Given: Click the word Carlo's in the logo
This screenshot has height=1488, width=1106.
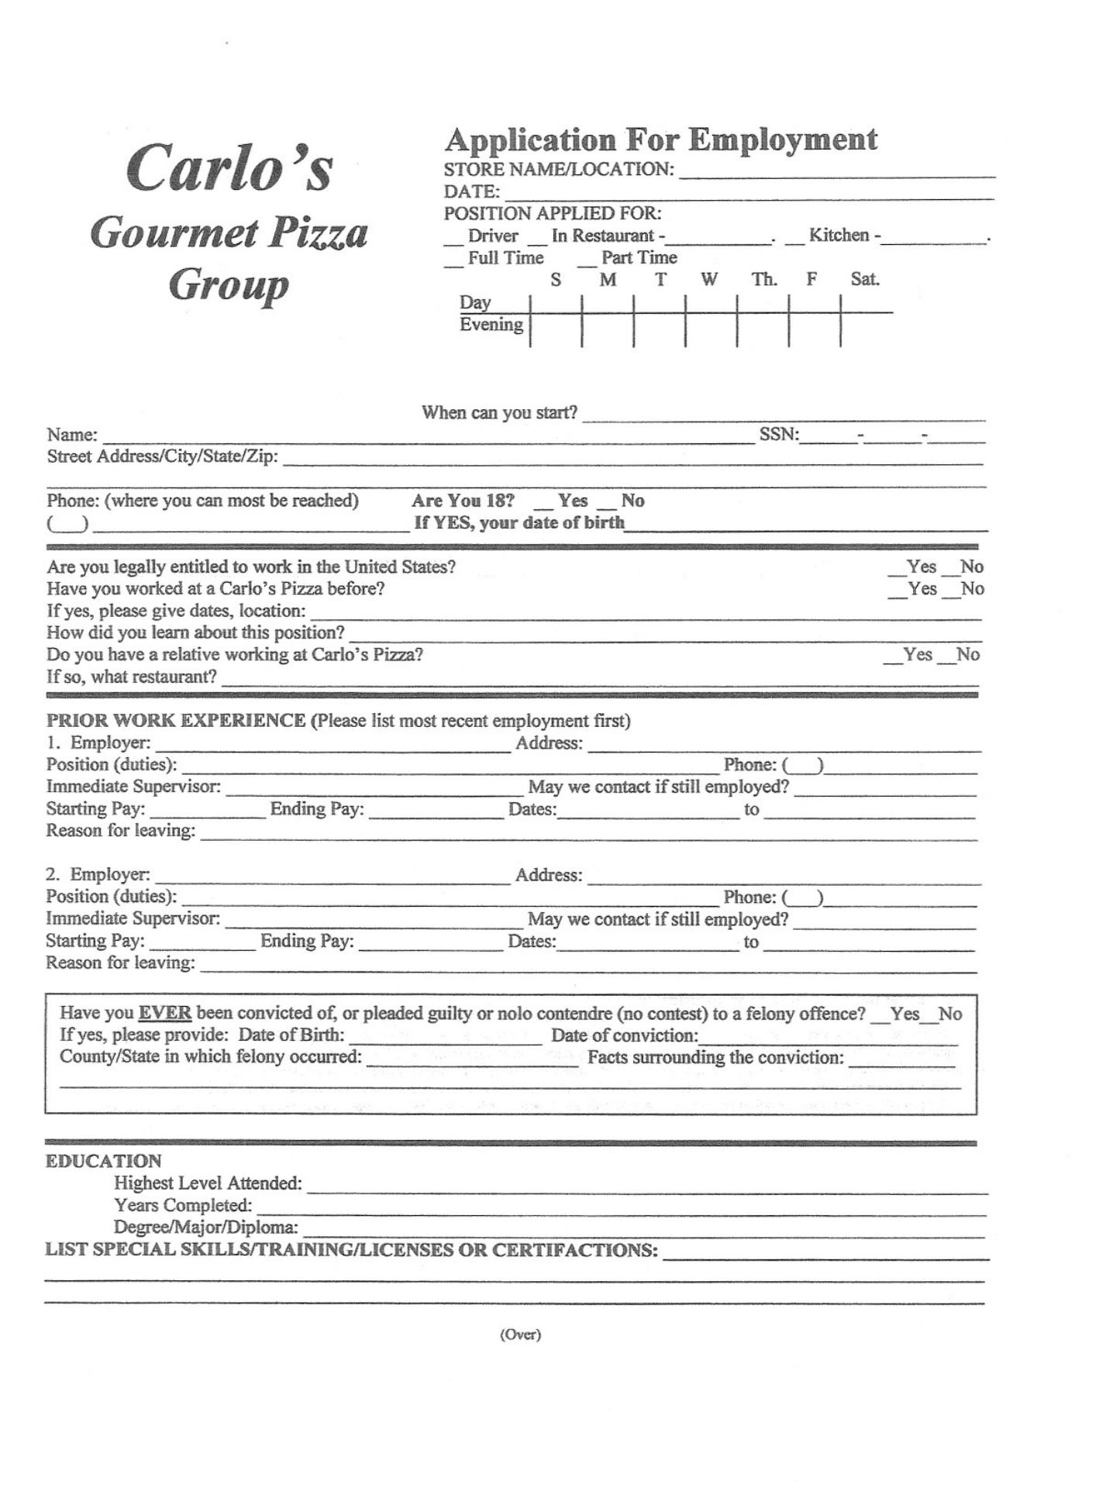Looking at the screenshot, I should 229,167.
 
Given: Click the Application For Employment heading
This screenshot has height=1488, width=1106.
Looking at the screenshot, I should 660,140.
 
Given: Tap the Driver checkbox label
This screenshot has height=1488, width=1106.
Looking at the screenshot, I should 492,236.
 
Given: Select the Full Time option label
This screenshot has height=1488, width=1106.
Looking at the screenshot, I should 505,258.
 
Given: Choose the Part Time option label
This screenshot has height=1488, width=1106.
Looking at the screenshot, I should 639,258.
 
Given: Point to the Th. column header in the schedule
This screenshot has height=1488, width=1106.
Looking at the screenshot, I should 763,280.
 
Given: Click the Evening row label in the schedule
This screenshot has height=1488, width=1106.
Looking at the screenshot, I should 491,325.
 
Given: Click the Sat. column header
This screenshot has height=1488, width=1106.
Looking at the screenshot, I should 865,280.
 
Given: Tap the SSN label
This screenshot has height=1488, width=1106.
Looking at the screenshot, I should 778,435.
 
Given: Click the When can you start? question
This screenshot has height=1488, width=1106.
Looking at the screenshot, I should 499,413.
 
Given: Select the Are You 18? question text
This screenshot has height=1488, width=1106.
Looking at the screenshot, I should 463,501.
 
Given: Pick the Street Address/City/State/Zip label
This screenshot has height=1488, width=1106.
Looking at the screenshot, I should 162,456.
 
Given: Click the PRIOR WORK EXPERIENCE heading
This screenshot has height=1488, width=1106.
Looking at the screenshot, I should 176,721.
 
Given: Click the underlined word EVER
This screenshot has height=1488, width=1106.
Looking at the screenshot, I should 164,1014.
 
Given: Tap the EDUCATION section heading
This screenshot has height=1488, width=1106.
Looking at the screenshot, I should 103,1161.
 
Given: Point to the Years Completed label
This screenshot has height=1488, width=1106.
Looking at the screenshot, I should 183,1205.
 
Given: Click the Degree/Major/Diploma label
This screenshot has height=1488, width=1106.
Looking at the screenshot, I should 205,1227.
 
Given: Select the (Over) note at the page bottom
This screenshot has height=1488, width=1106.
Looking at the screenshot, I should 520,1334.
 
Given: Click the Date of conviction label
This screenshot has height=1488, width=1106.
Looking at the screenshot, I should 624,1035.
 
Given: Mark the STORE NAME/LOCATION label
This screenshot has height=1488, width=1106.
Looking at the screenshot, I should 558,170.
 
